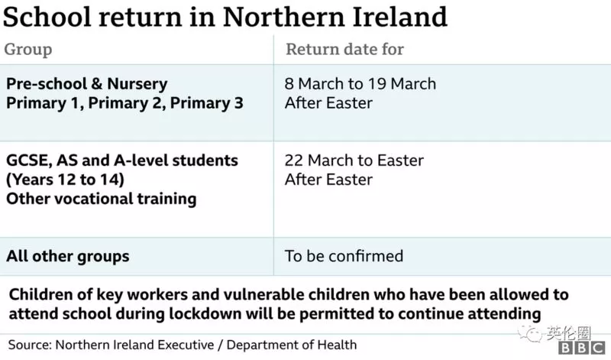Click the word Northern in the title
(x=283, y=17)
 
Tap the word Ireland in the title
(x=399, y=17)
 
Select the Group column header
(x=28, y=50)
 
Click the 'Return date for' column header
(x=345, y=49)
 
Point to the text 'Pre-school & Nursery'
(x=87, y=84)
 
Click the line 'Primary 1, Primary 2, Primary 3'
(x=124, y=103)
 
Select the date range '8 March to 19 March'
(x=360, y=84)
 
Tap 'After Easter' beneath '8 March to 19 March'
(x=328, y=103)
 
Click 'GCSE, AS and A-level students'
(x=122, y=161)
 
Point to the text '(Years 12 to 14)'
(x=65, y=180)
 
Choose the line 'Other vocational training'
(x=102, y=199)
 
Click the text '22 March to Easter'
(x=354, y=161)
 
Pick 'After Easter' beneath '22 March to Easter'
(x=328, y=180)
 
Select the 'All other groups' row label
(x=68, y=257)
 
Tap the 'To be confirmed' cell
(x=344, y=256)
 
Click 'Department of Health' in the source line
(x=292, y=345)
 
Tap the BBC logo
(x=582, y=348)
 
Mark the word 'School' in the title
(x=47, y=17)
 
